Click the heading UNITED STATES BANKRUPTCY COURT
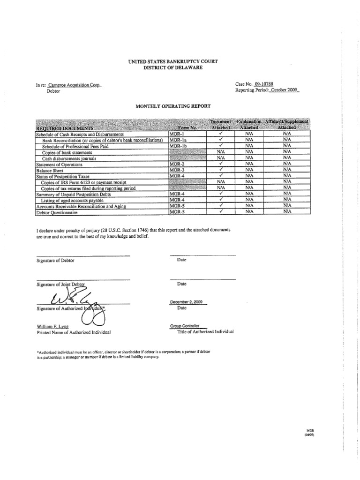tap(173, 61)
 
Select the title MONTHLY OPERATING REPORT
tap(173, 107)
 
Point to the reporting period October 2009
tap(284, 90)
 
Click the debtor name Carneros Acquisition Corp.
tap(75, 85)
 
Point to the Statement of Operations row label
tap(59, 164)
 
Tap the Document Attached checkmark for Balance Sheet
tap(219, 170)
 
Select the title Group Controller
tap(185, 326)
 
